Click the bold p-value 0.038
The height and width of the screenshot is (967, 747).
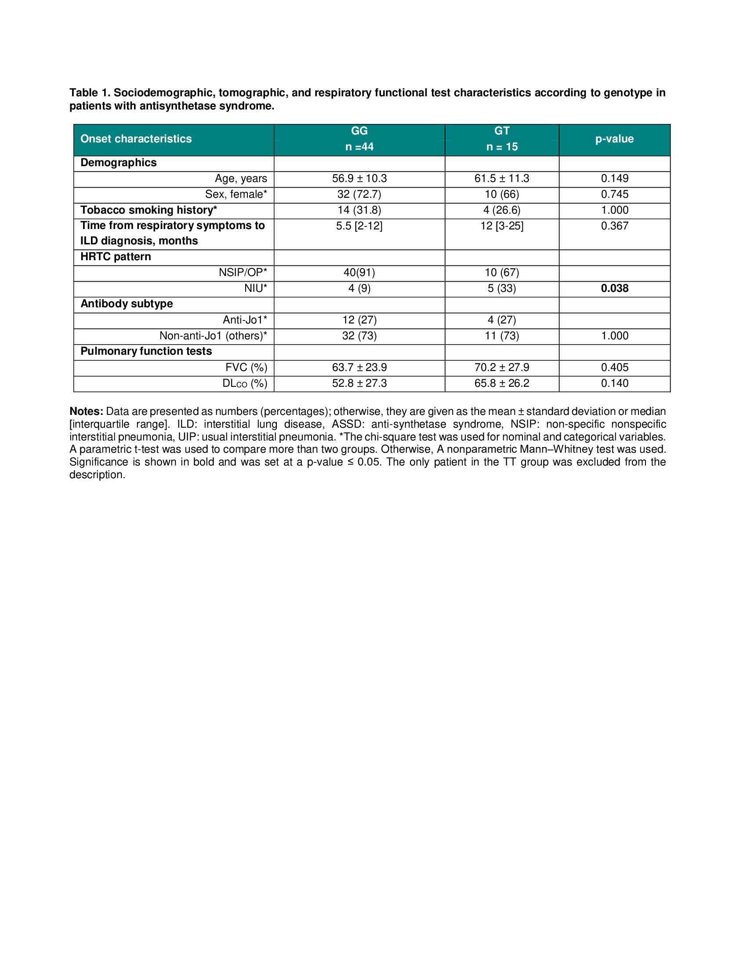[x=614, y=288]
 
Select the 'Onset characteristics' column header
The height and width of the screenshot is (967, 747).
[x=136, y=138]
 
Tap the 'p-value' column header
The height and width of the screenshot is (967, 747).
[x=614, y=138]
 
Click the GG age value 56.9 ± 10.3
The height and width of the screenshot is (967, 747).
[x=359, y=178]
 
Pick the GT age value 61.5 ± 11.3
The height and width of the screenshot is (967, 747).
[x=501, y=178]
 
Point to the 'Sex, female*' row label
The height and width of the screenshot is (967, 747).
[x=236, y=194]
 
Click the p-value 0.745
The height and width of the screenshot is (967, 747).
[x=614, y=194]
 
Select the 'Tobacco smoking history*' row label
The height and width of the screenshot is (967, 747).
[x=149, y=210]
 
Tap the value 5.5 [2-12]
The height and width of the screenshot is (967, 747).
[x=359, y=226]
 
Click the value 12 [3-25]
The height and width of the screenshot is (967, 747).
[x=501, y=226]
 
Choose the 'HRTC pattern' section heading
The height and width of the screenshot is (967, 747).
[x=116, y=257]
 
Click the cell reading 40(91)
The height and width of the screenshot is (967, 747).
[x=359, y=273]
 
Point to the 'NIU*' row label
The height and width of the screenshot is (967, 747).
[x=255, y=288]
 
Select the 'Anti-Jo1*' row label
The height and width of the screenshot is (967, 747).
[x=245, y=320]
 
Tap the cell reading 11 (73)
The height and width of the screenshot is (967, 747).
[x=501, y=336]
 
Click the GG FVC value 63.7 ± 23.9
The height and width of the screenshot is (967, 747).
[x=359, y=367]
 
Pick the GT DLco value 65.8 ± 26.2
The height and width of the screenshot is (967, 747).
[x=501, y=383]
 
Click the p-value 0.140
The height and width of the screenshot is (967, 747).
[x=614, y=383]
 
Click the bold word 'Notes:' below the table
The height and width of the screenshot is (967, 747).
[x=86, y=411]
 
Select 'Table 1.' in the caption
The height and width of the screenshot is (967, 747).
[x=90, y=93]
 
